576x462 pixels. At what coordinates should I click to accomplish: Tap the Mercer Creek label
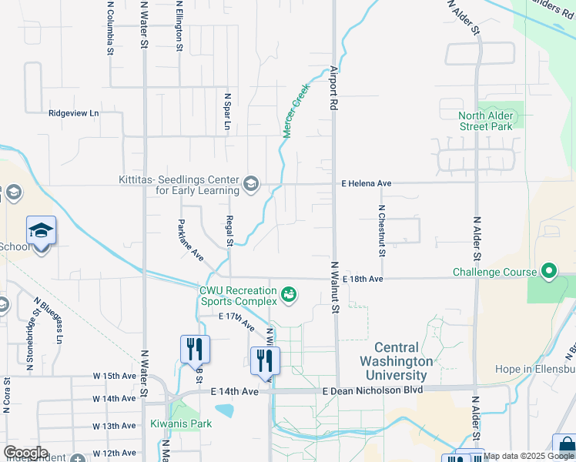[296, 116]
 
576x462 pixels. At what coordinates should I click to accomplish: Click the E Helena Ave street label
[367, 184]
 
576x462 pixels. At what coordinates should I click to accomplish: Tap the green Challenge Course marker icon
[548, 272]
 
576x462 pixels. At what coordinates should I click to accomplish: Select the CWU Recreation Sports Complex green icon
[289, 294]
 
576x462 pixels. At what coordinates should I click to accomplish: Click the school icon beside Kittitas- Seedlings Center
[250, 184]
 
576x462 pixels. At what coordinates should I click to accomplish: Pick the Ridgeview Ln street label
[74, 113]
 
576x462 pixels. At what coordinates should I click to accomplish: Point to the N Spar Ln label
[227, 113]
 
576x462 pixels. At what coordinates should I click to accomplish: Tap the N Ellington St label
[179, 27]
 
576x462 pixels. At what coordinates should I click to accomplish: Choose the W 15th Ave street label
[114, 376]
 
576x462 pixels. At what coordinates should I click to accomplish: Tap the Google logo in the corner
[25, 453]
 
